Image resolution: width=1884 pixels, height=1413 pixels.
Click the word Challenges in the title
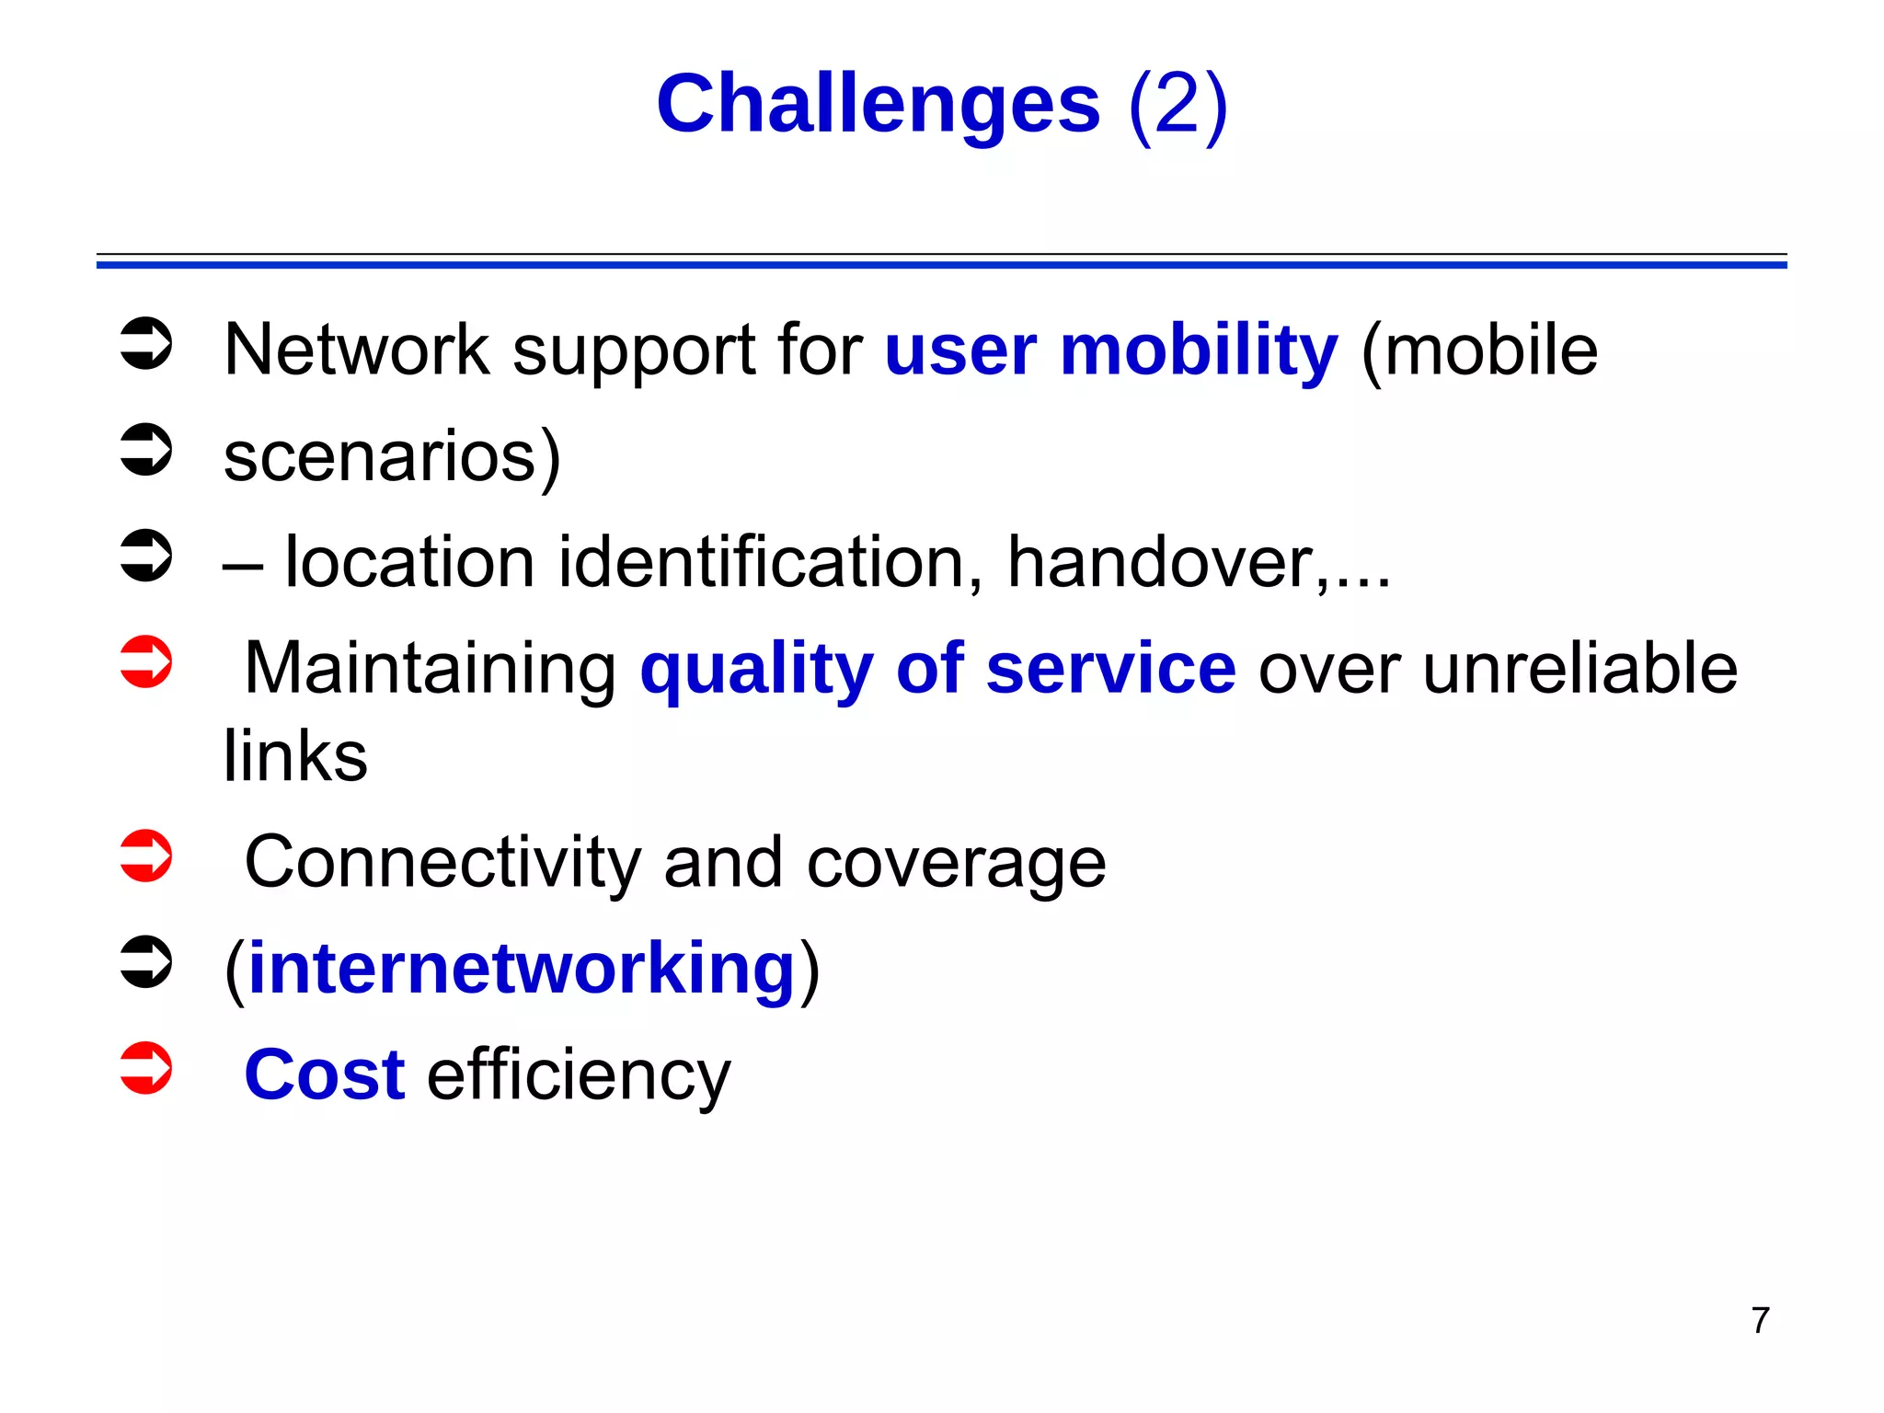point(878,104)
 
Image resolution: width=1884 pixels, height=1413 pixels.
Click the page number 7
point(1760,1320)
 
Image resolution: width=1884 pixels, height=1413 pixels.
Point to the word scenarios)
point(392,456)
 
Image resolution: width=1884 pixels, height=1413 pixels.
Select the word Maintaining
point(431,669)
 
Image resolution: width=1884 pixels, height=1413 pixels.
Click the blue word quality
point(756,669)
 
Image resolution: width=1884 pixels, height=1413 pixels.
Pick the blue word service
point(1110,669)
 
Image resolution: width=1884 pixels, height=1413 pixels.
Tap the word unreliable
point(1580,669)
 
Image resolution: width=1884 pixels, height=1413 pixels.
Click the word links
point(295,756)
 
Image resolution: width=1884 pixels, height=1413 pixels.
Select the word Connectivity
point(442,863)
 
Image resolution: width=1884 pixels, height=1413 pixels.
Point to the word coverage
point(956,863)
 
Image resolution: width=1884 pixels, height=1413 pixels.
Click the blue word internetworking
point(521,969)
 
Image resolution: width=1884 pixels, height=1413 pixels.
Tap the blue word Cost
point(324,1074)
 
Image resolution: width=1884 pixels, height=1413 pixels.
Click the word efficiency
point(579,1074)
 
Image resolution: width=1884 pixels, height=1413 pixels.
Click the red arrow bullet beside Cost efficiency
point(146,1068)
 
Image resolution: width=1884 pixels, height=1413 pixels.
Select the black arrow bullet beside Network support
point(146,344)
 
